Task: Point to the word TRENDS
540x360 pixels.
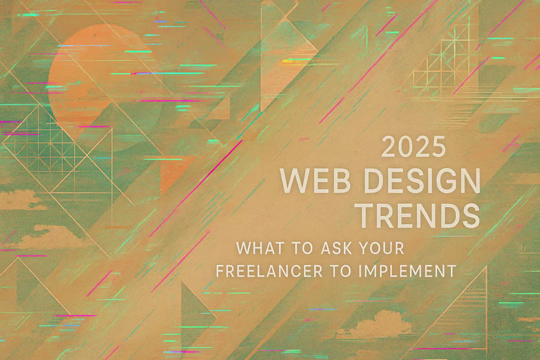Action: coord(417,215)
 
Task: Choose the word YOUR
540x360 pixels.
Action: coord(381,249)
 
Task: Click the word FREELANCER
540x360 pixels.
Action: coord(266,271)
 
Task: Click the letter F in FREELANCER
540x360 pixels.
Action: coord(220,271)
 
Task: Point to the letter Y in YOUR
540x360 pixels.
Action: coord(364,249)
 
